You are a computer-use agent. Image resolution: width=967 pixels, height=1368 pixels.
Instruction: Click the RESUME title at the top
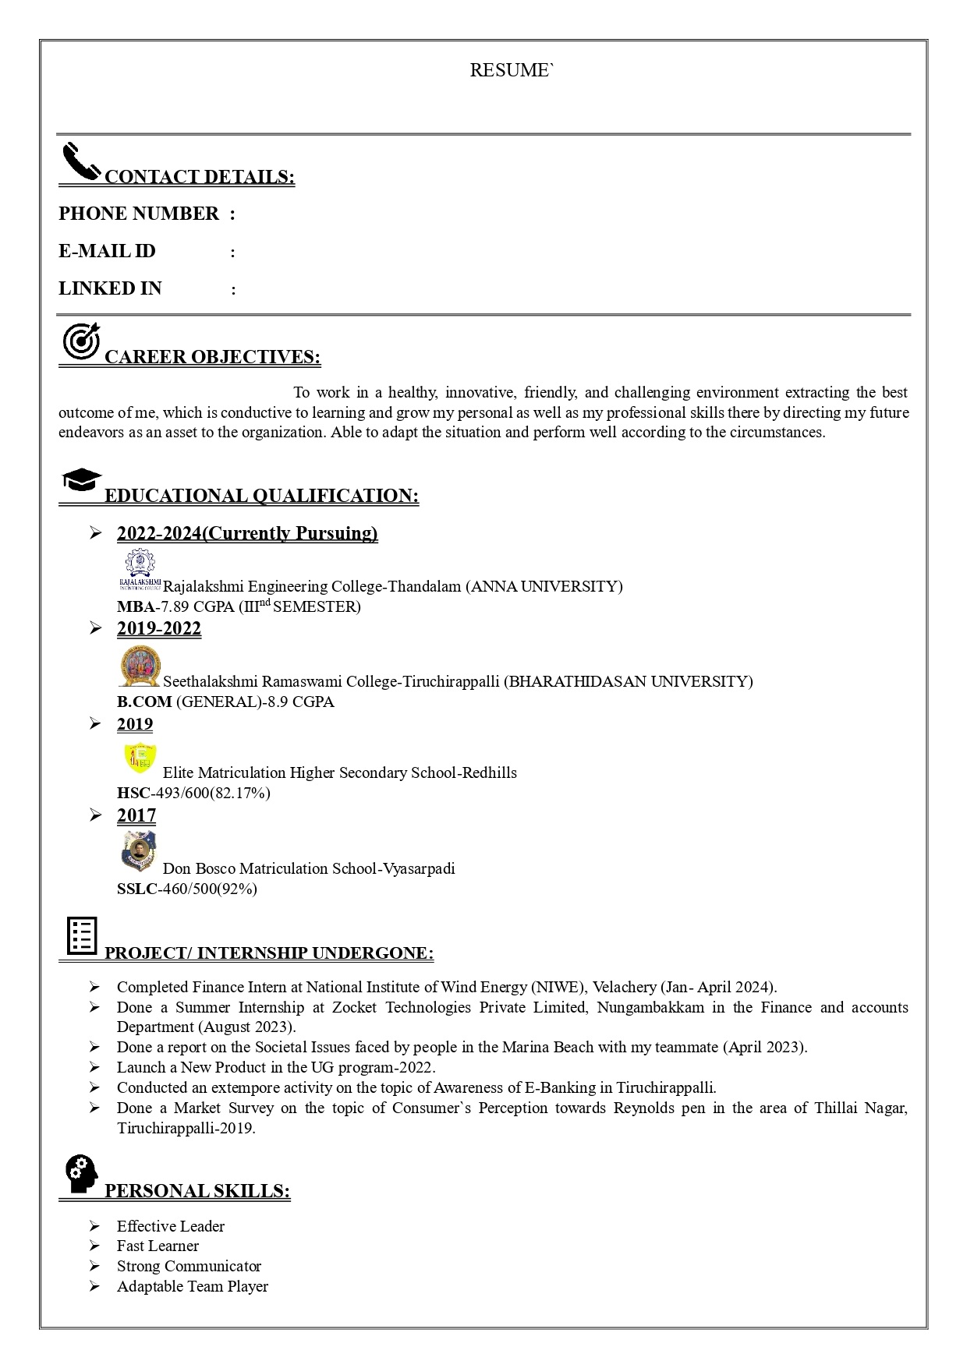[512, 70]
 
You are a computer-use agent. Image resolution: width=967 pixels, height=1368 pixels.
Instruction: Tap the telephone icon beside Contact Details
[81, 161]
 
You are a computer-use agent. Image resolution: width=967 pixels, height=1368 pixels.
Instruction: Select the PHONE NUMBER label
[139, 214]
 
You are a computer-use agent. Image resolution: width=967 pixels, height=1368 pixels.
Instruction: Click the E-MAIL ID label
[107, 251]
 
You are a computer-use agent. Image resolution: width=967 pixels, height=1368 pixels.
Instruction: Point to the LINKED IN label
[110, 288]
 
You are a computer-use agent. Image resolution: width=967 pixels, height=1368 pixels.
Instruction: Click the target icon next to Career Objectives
[81, 342]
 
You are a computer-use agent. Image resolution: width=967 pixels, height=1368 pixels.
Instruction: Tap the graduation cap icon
[81, 479]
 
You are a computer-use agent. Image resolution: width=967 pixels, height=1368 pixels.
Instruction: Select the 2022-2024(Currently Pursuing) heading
[247, 533]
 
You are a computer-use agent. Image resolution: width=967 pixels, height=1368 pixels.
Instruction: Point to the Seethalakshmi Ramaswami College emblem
[140, 666]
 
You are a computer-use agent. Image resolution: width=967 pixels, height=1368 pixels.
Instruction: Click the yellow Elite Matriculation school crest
[140, 758]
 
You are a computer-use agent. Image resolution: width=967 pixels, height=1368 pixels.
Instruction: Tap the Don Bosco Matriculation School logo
[140, 850]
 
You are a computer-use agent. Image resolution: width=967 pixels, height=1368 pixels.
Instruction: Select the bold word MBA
[136, 606]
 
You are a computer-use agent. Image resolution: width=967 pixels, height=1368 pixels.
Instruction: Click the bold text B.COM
[144, 702]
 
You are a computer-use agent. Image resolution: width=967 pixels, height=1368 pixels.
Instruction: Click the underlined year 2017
[136, 815]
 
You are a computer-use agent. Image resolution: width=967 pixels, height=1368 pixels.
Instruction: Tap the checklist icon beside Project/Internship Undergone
[82, 935]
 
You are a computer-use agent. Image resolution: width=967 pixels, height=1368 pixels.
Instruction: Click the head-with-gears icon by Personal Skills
[81, 1173]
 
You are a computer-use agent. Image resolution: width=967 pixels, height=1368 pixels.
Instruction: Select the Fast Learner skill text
[158, 1246]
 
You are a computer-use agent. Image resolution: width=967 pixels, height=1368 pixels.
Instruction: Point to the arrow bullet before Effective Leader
[94, 1226]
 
